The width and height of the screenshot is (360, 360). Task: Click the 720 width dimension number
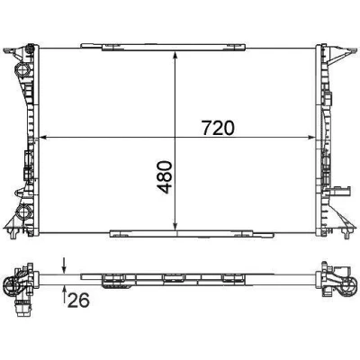pos(218,128)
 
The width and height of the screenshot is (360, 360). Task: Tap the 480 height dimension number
pos(164,177)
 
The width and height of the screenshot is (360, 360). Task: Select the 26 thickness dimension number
pos(78,301)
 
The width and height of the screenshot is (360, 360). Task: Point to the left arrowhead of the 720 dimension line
pos(42,138)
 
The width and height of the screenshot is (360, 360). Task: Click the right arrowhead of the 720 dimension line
pos(312,138)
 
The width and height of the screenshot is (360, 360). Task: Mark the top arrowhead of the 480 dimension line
pos(175,54)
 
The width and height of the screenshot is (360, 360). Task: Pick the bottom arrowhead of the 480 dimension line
pos(175,227)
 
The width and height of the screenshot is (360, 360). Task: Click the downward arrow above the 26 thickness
pos(64,265)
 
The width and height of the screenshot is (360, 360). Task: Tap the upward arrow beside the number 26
pos(64,294)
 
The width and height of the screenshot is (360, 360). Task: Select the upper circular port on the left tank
pos(22,70)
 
